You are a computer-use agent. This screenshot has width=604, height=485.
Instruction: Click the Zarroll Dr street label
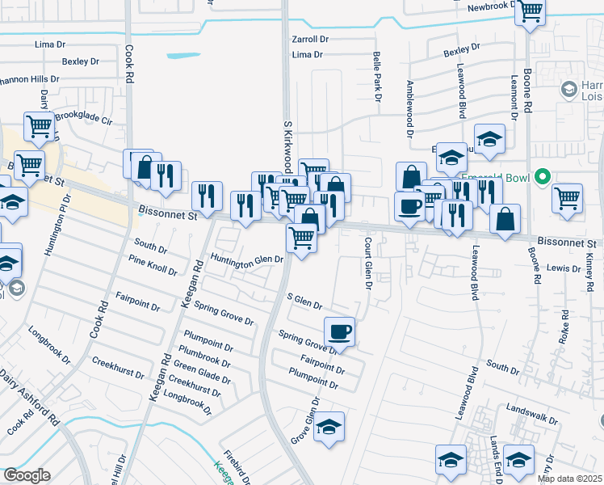311,39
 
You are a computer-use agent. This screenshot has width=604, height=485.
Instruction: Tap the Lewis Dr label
564,268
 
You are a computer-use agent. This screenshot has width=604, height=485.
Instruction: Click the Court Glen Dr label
367,266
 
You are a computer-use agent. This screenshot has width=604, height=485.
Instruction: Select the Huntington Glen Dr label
247,259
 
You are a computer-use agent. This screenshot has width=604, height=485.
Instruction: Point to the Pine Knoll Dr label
152,264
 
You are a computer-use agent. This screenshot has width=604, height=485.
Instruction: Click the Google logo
27,475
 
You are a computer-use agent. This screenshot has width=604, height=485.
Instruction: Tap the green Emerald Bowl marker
543,176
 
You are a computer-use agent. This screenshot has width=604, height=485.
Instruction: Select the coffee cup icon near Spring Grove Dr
339,330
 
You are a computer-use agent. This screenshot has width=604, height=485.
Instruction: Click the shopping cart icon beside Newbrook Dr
531,11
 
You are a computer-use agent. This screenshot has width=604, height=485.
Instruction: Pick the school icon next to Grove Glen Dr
329,426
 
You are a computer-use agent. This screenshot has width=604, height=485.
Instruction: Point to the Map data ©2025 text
570,479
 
